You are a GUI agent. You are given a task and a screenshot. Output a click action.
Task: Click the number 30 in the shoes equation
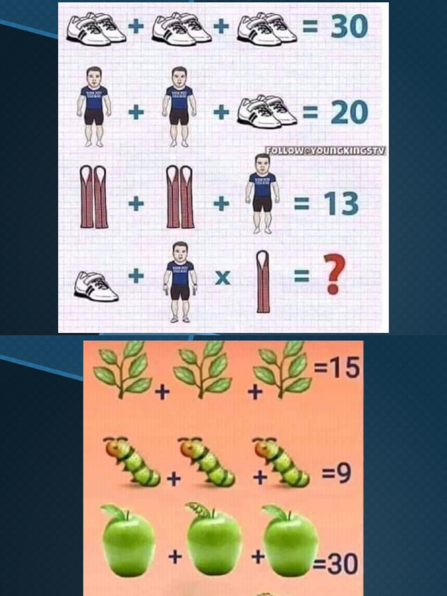tap(349, 26)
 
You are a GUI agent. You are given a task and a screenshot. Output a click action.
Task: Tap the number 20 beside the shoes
tap(349, 112)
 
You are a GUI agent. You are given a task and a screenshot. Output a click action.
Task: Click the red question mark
tap(335, 274)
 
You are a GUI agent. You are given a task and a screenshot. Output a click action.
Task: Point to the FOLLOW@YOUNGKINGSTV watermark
tap(326, 151)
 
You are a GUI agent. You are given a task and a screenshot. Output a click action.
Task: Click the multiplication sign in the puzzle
tap(222, 278)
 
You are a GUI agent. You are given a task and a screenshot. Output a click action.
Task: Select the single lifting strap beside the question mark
tap(263, 282)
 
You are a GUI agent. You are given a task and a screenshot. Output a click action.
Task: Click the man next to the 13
tap(262, 194)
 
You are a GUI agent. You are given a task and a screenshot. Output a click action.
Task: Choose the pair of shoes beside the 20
tap(267, 111)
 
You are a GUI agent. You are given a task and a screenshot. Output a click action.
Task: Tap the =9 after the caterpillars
tap(336, 474)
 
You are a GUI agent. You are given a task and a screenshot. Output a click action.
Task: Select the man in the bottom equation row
tap(180, 282)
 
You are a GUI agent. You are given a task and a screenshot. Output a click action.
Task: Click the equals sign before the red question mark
tap(301, 277)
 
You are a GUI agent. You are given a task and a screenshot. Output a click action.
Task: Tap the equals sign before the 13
tap(301, 204)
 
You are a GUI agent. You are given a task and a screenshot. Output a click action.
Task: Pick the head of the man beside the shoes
tap(179, 76)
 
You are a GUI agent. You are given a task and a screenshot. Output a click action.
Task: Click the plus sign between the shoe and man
tap(136, 276)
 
